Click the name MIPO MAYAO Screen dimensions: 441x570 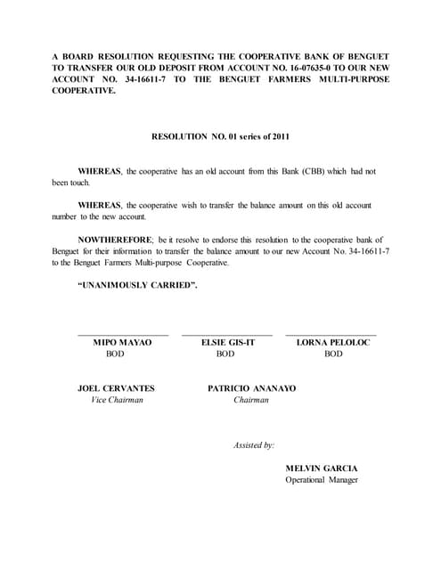coord(123,343)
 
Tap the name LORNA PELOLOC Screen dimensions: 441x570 coord(332,343)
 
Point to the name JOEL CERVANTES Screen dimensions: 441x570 coord(117,388)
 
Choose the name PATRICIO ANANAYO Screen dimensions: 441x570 coord(252,388)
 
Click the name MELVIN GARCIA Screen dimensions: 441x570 coord(322,468)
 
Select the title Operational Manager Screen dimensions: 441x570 coord(322,480)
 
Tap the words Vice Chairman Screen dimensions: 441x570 coord(117,400)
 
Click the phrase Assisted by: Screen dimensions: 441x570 coord(254,444)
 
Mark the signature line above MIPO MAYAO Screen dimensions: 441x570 coord(123,335)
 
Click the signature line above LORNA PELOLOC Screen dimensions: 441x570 coord(331,335)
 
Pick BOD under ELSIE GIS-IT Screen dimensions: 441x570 coord(225,354)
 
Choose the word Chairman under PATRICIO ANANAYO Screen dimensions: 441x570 coord(251,400)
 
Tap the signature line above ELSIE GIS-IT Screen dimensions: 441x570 coord(227,335)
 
